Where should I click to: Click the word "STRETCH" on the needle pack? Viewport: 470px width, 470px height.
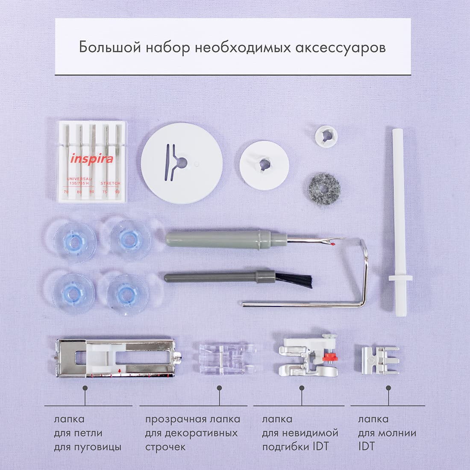click(x=111, y=183)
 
